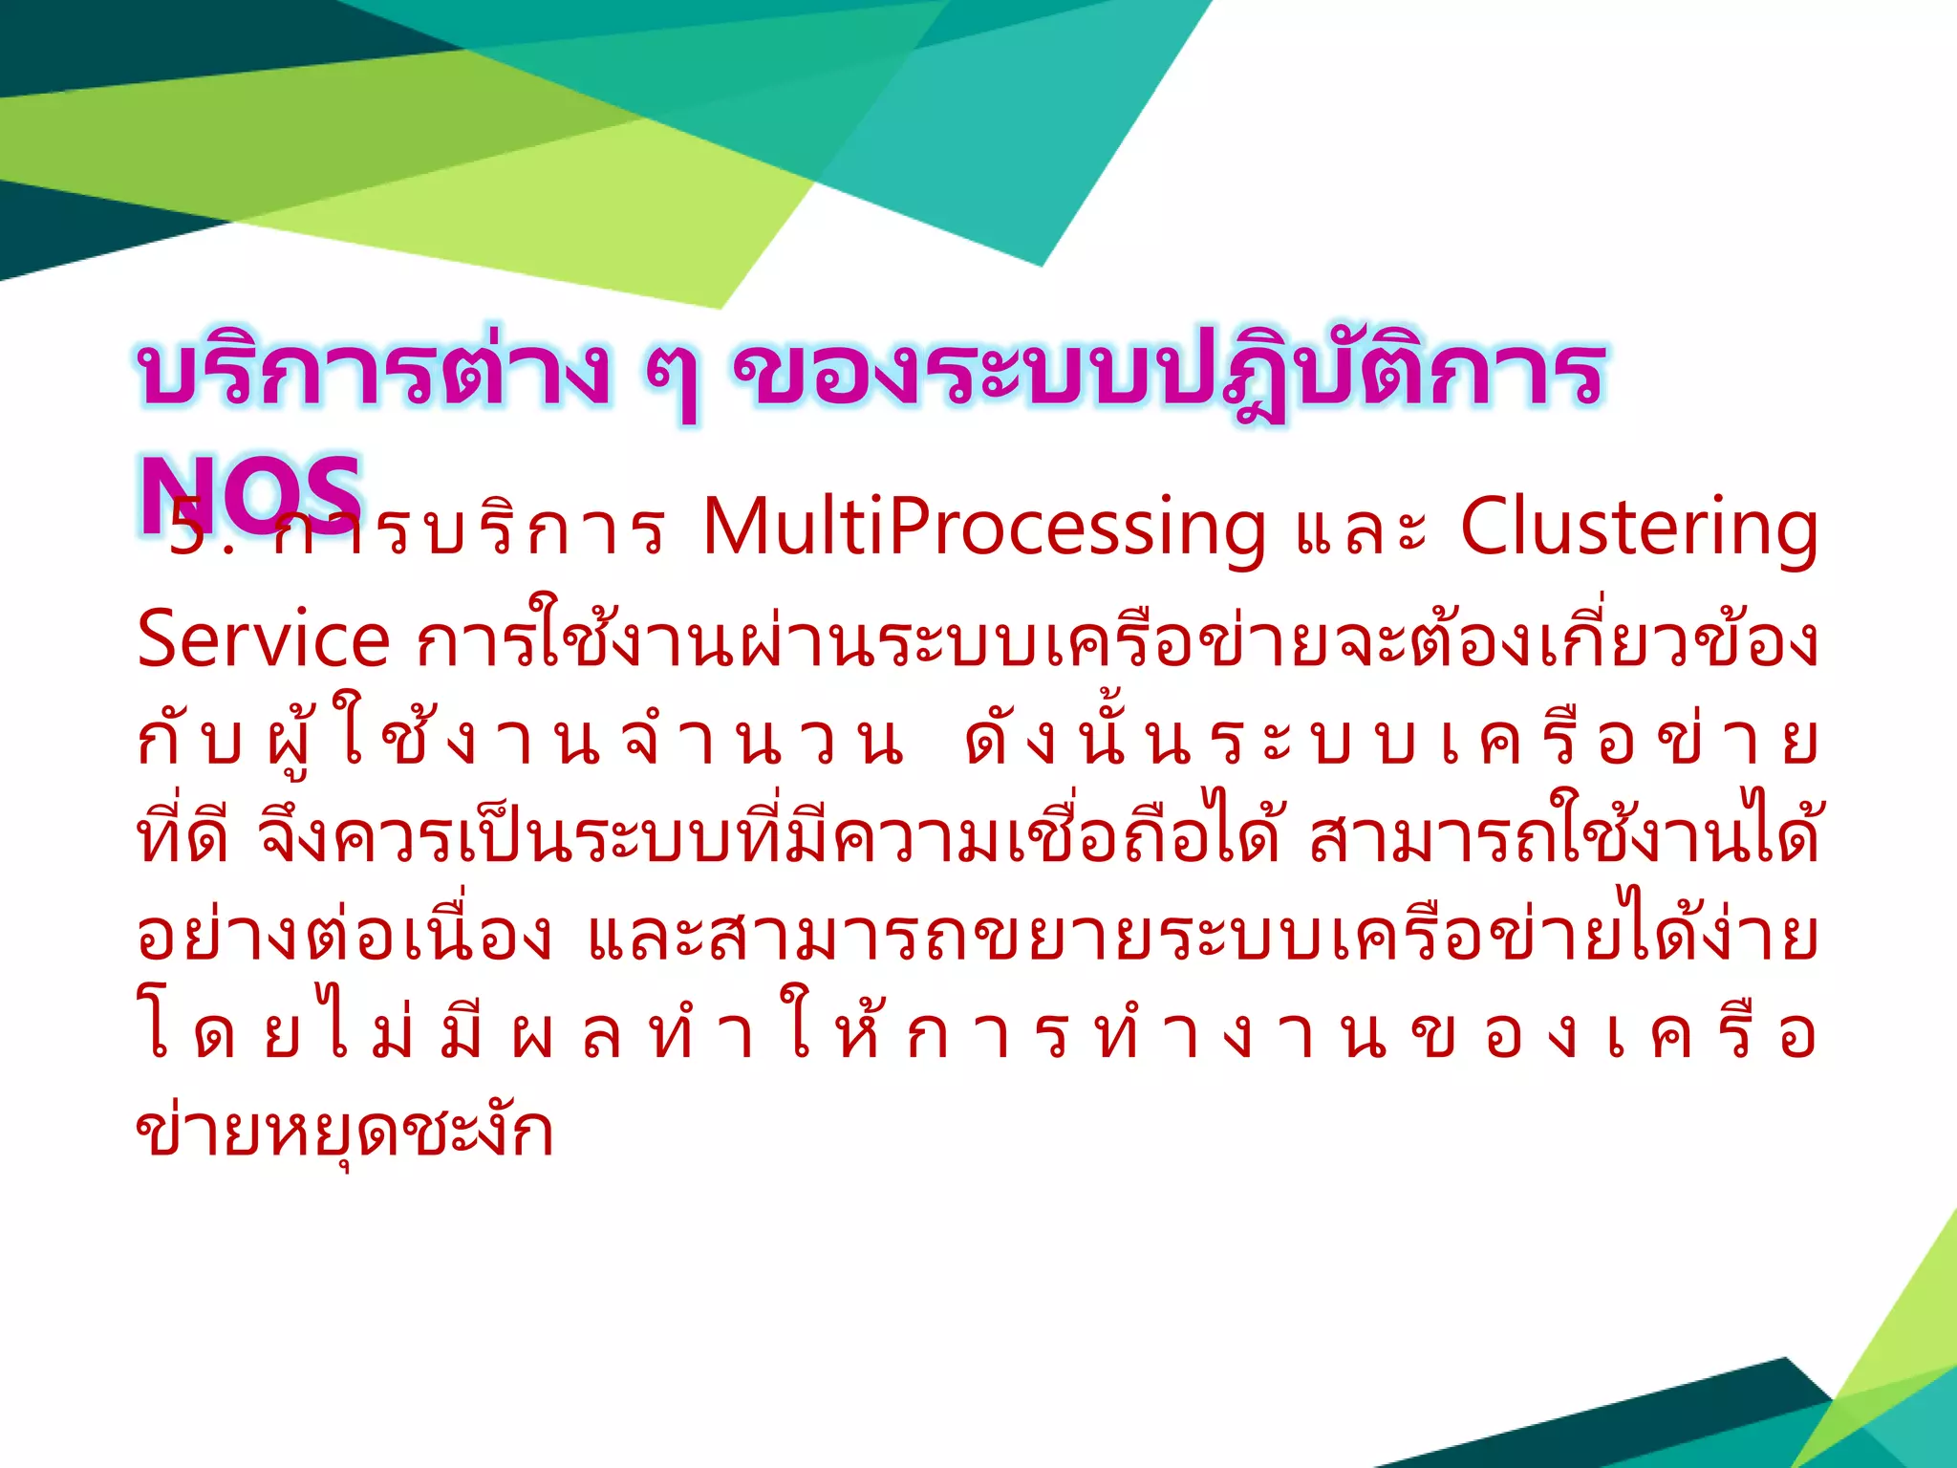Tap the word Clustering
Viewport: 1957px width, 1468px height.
[1638, 529]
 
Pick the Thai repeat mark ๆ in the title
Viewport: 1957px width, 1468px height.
[671, 378]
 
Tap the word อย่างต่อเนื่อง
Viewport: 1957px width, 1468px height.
[344, 935]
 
